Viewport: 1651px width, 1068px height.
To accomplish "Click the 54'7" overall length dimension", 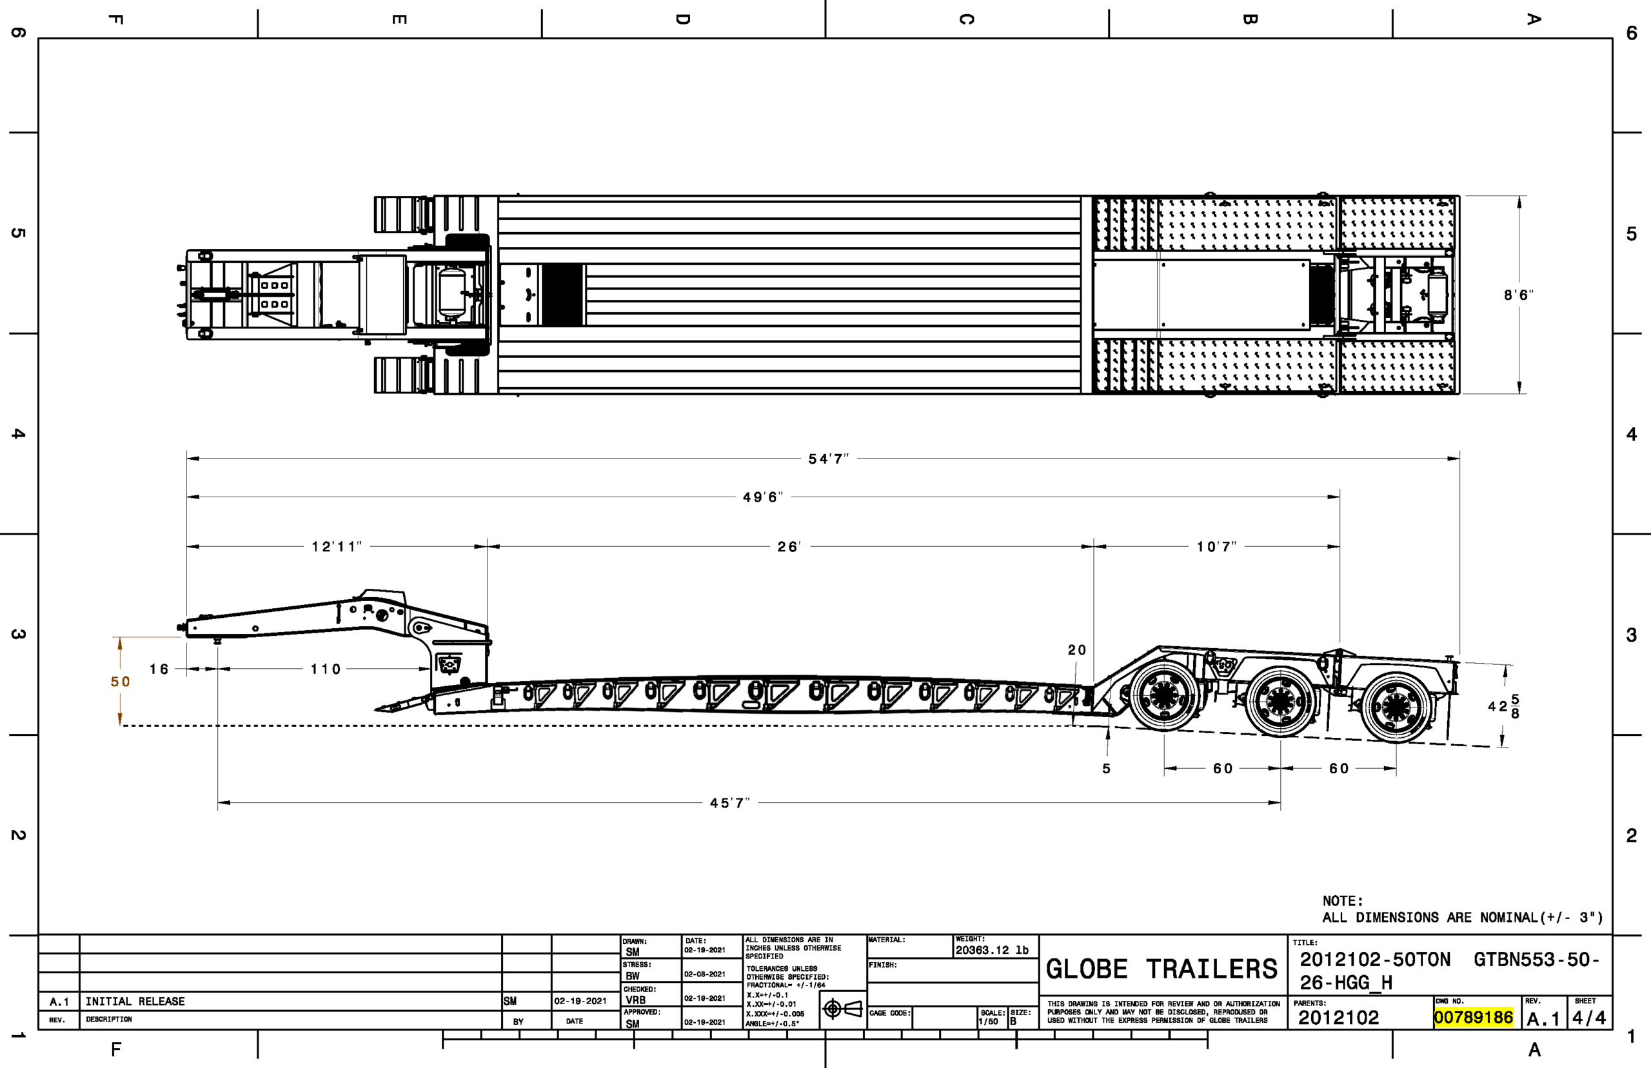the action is click(x=828, y=459).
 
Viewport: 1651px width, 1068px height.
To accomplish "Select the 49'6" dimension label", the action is click(x=763, y=497).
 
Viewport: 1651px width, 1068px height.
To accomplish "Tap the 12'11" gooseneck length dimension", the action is click(x=336, y=546).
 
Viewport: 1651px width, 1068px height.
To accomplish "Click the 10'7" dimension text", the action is click(x=1216, y=546).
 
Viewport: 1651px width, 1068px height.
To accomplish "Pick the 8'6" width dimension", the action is click(x=1519, y=295).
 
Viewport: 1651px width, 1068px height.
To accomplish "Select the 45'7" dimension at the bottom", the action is click(x=729, y=802).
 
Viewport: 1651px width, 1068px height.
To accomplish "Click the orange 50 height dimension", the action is click(x=120, y=682).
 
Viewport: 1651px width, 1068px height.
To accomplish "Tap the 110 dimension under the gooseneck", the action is click(x=325, y=669).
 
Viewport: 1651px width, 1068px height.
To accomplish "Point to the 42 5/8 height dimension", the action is click(x=1503, y=706).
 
